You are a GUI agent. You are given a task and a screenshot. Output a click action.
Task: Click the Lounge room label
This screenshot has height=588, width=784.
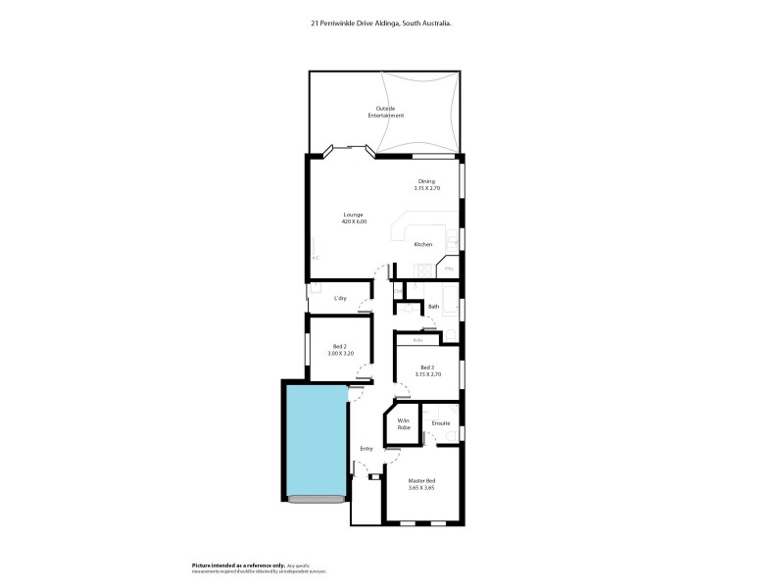coord(354,214)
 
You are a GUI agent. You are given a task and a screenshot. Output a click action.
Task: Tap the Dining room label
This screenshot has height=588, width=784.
coord(426,181)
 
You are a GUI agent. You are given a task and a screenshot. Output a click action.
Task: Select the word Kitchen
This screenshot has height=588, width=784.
coord(423,244)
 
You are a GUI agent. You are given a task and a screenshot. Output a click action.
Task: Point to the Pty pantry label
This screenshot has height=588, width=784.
coord(450,268)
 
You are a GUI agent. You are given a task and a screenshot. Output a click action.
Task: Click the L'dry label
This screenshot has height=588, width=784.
coord(341,298)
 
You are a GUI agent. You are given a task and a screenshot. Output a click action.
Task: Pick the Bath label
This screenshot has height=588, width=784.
coord(433,308)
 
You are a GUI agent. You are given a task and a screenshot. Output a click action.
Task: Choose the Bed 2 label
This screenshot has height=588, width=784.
coord(340,346)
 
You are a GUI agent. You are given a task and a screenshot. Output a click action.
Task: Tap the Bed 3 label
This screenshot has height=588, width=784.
coord(427,367)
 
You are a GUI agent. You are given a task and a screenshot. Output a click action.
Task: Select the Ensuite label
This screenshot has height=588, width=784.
coord(441,423)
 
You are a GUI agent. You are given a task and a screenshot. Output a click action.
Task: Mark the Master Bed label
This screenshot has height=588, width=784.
coord(422,480)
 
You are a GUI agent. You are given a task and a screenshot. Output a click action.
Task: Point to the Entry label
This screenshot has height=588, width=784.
coord(367,449)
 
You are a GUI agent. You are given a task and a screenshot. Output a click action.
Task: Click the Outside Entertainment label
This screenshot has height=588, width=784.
coord(386,112)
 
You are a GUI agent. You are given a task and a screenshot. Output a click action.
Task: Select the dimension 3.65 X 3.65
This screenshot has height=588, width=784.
coord(422,487)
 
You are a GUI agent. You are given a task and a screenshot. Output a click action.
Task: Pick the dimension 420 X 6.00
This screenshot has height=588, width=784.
coord(354,221)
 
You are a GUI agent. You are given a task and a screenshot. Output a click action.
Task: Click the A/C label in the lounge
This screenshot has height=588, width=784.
coord(316,257)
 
